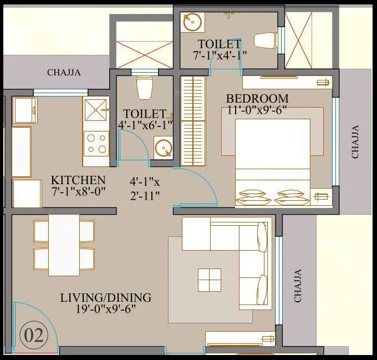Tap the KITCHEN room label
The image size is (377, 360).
[78, 180]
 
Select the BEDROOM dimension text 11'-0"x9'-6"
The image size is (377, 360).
[257, 110]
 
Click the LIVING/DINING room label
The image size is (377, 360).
[105, 298]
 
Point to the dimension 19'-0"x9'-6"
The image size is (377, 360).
[105, 310]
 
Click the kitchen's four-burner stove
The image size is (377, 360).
[95, 143]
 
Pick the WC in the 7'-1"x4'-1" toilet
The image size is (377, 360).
[266, 40]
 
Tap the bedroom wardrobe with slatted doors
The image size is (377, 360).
[193, 118]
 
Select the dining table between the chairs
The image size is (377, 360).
[64, 245]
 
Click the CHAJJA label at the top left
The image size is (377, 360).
[64, 72]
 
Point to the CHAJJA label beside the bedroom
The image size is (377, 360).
[355, 141]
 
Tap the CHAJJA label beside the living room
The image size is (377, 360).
[298, 286]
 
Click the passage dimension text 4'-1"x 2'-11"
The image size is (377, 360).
[145, 188]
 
